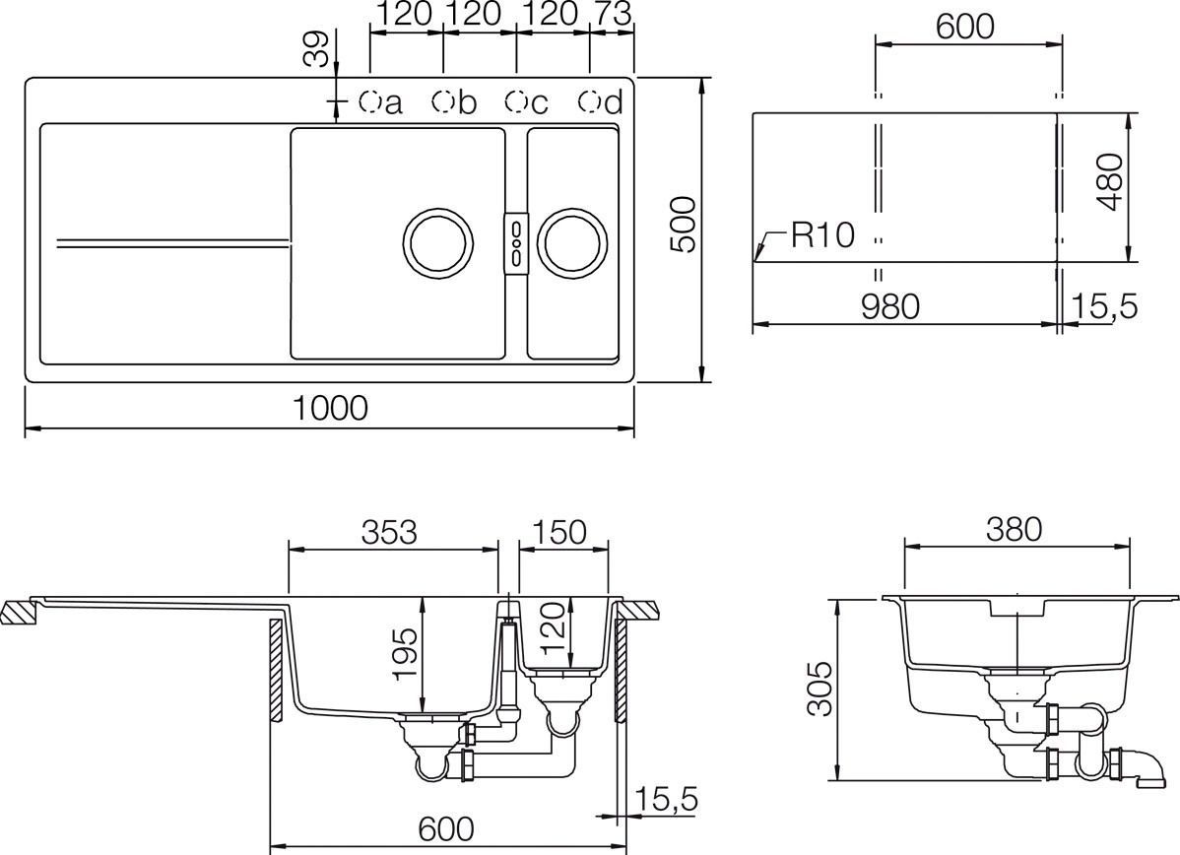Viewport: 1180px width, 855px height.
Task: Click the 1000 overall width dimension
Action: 330,408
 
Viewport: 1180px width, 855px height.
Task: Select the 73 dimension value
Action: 610,14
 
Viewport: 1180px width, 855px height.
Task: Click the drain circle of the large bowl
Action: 440,242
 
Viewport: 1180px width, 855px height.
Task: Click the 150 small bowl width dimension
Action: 558,532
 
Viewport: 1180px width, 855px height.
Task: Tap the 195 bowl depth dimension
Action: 405,654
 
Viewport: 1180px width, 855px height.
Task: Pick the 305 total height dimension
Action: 818,691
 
